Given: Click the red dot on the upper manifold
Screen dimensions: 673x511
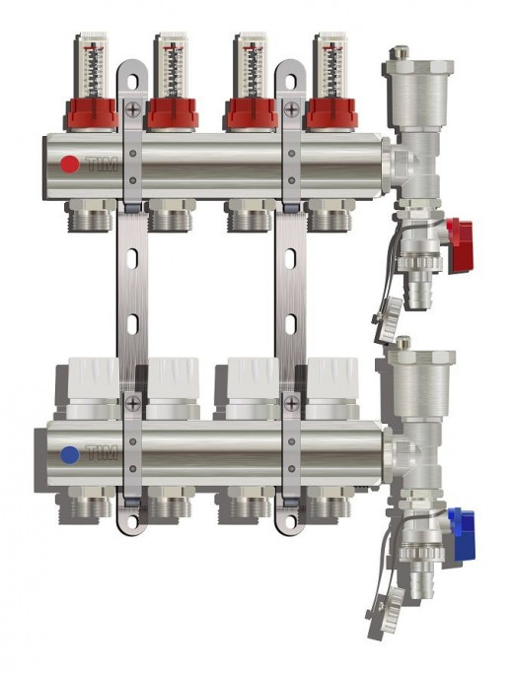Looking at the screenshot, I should pos(68,165).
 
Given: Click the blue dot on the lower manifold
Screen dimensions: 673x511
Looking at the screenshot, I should pos(68,455).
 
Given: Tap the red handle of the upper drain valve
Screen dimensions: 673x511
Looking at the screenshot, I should pos(460,234).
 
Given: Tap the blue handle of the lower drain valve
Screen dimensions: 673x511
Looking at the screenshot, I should pos(460,522).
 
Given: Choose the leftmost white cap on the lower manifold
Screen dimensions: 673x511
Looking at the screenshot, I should pos(93,382).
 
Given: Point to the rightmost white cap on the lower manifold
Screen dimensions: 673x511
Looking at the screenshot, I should pos(332,382).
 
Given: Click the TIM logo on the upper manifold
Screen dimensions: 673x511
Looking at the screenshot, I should pos(100,165).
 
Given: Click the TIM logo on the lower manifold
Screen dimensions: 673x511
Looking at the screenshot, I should pos(100,455).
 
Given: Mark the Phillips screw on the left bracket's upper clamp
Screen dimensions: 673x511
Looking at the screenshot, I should pos(132,110).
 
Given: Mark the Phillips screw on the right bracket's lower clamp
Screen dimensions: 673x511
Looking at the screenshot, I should pos(291,402).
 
